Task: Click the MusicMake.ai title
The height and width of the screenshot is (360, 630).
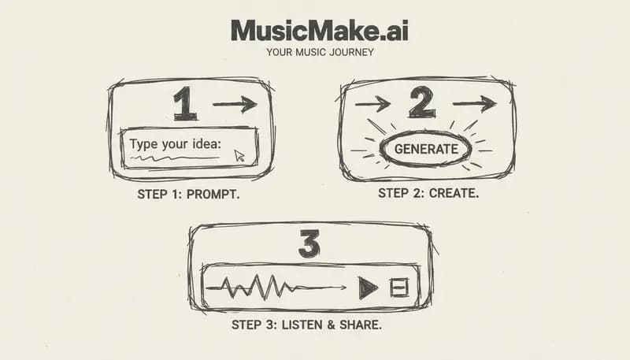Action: (x=319, y=31)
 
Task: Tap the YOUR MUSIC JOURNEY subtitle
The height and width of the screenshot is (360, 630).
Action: (x=320, y=53)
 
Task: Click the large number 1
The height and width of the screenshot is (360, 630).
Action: (x=184, y=104)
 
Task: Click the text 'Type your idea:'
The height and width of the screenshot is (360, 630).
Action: (x=176, y=143)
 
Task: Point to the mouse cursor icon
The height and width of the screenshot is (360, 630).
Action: (x=239, y=156)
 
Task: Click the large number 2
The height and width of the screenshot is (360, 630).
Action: (x=422, y=102)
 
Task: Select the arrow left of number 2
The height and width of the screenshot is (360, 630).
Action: (x=372, y=103)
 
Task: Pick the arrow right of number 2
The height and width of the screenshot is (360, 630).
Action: (x=475, y=103)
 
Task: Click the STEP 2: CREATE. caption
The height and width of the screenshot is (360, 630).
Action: (x=428, y=192)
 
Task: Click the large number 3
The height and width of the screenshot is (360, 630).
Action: (x=309, y=244)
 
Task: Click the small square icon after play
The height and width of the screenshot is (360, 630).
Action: (x=399, y=288)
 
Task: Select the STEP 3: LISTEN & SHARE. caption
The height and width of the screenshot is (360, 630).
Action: (x=306, y=324)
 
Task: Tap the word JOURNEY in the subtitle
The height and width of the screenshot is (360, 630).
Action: (x=351, y=53)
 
